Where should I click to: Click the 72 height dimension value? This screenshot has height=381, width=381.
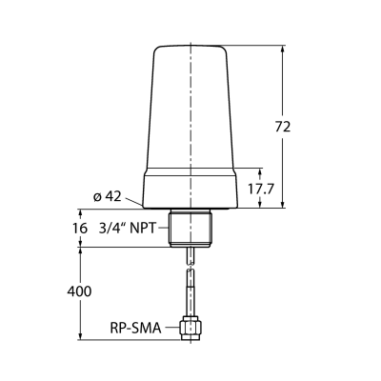pyautogui.click(x=283, y=127)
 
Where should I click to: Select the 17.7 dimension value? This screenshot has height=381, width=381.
pyautogui.click(x=260, y=190)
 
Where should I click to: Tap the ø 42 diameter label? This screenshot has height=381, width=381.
pyautogui.click(x=108, y=196)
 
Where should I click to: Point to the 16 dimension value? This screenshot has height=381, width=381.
pyautogui.click(x=80, y=228)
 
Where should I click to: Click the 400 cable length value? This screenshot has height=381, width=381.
pyautogui.click(x=79, y=291)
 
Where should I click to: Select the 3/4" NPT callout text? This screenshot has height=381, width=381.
pyautogui.click(x=128, y=228)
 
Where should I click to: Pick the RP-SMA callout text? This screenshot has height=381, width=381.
pyautogui.click(x=135, y=329)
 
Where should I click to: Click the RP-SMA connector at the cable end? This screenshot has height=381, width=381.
pyautogui.click(x=190, y=329)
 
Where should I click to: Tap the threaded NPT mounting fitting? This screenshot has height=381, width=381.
pyautogui.click(x=190, y=228)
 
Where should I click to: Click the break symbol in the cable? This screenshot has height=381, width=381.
pyautogui.click(x=190, y=267)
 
